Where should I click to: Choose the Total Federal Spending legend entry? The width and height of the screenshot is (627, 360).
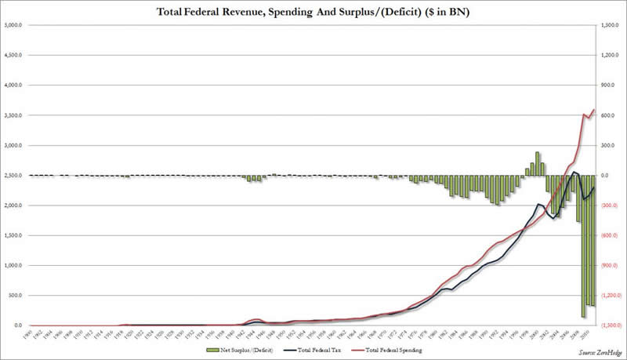click(x=394, y=349)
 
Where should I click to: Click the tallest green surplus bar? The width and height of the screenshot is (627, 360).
click(x=538, y=163)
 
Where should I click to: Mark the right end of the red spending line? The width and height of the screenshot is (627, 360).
click(x=595, y=110)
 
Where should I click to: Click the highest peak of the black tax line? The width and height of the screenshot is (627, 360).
click(x=574, y=172)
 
